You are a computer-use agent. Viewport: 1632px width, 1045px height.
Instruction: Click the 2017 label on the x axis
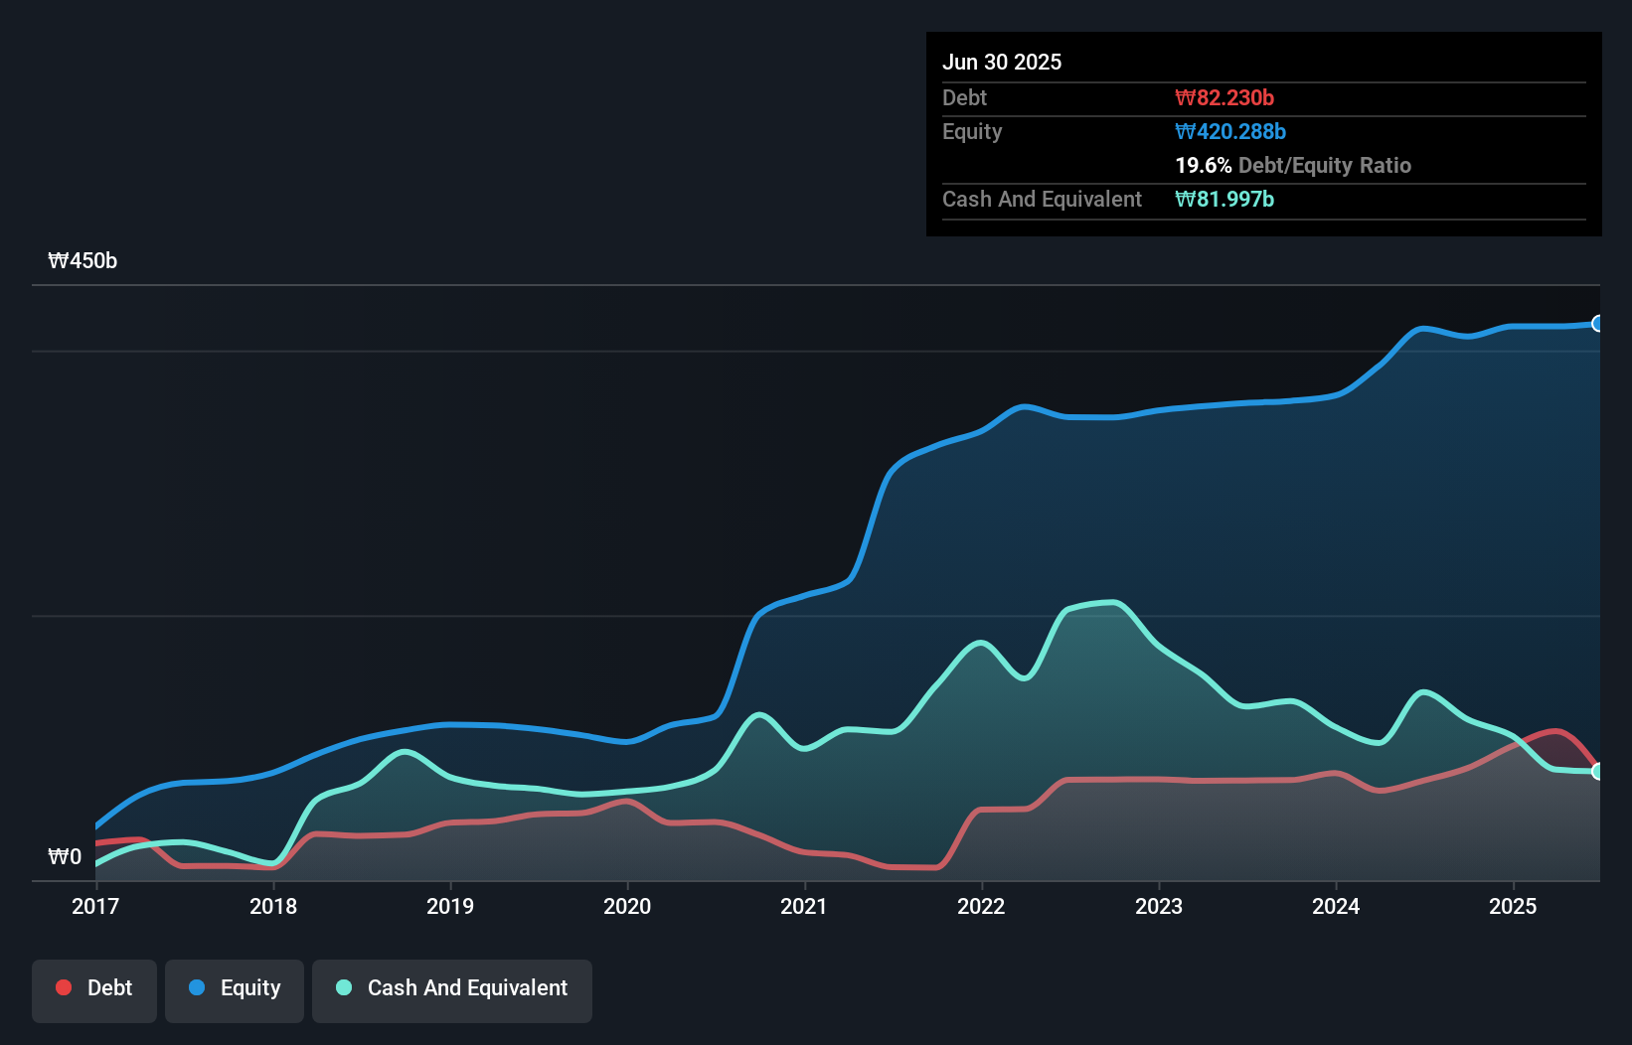pyautogui.click(x=95, y=906)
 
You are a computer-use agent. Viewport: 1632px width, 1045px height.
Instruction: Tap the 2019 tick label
pyautogui.click(x=450, y=906)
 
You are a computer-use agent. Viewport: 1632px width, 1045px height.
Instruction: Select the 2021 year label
pyautogui.click(x=804, y=906)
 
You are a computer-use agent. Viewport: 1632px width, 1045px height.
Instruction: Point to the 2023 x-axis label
pyautogui.click(x=1159, y=906)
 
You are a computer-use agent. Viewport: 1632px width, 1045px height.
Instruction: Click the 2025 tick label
pyautogui.click(x=1513, y=906)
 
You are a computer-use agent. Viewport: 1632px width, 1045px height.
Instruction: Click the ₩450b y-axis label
pyautogui.click(x=82, y=261)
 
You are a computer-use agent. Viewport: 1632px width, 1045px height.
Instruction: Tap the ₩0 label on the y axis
pyautogui.click(x=65, y=856)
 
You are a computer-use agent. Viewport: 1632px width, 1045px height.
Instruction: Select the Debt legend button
pyautogui.click(x=94, y=988)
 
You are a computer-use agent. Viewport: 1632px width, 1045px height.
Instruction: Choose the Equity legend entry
pyautogui.click(x=235, y=988)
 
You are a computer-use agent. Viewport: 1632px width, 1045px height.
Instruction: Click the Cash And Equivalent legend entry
pyautogui.click(x=452, y=988)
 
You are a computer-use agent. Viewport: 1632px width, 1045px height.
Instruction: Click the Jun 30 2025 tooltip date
pyautogui.click(x=1002, y=62)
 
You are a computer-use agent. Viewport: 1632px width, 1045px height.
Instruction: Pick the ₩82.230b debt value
pyautogui.click(x=1224, y=97)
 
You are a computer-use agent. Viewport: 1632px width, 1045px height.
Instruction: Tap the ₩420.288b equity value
pyautogui.click(x=1230, y=131)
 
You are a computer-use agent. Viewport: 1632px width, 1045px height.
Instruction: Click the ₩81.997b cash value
pyautogui.click(x=1224, y=199)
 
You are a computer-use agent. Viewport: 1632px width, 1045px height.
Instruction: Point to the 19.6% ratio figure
pyautogui.click(x=1203, y=165)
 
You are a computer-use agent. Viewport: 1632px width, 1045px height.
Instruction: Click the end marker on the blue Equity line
pyautogui.click(x=1598, y=324)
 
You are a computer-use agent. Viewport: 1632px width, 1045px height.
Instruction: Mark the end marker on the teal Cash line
pyautogui.click(x=1598, y=772)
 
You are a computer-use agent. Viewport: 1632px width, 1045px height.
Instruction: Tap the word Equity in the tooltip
pyautogui.click(x=972, y=131)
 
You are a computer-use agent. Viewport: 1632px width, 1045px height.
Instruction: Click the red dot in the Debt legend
pyautogui.click(x=64, y=987)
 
